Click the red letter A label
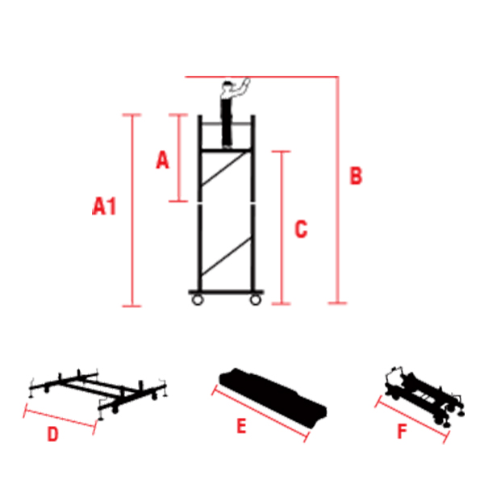pos(162,161)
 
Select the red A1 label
pos(104,207)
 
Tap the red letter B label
pos(355,177)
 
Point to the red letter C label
pos(300,229)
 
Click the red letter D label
pos(52,435)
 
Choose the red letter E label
pos(241,427)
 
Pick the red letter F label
pos(402,432)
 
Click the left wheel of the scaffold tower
pos(196,300)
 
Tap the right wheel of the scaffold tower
pos(256,300)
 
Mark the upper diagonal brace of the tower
pos(227,173)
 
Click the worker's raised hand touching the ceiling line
pos(245,81)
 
